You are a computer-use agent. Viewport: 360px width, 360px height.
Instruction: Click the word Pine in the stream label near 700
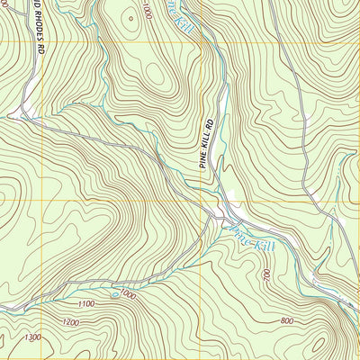239,234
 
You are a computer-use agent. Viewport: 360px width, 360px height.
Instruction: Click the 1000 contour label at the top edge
147,11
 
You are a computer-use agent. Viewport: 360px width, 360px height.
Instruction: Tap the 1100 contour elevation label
85,305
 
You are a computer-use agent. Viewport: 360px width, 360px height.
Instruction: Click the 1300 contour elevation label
33,337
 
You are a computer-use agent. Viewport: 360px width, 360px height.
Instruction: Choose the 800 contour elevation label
286,320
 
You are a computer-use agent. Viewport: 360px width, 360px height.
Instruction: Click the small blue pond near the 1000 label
113,293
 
